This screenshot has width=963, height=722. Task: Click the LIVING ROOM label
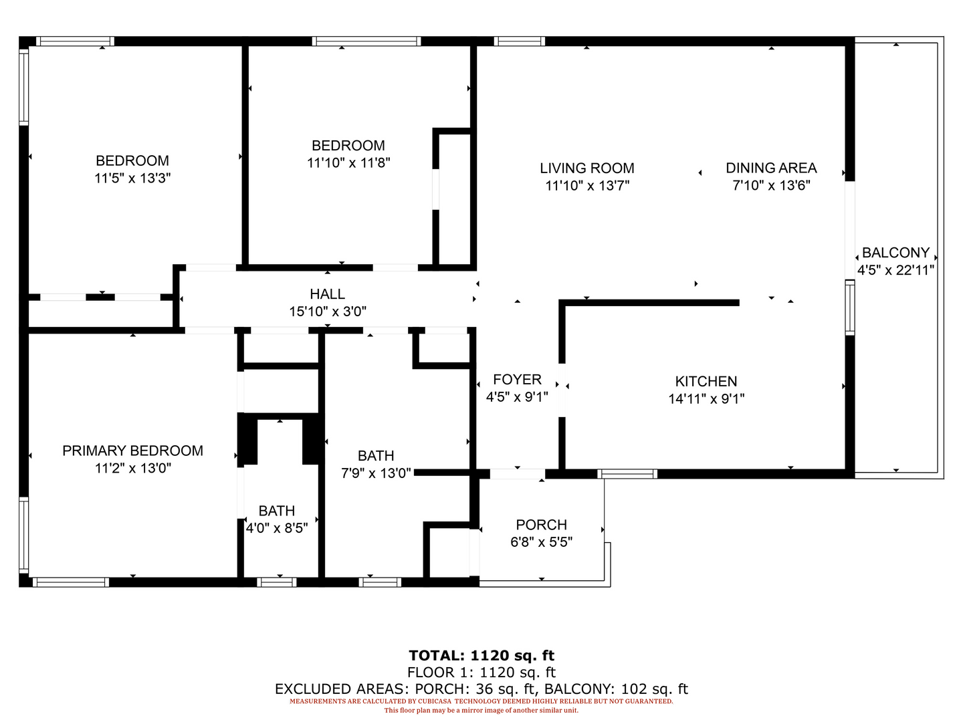587,168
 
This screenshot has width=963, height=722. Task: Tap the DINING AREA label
771,168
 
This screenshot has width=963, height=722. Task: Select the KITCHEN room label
706,381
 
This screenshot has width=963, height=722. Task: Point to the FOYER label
517,379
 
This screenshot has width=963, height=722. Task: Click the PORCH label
542,525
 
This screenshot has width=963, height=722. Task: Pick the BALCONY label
895,253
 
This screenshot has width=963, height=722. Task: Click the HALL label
327,293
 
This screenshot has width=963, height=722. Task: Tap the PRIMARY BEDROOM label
132,451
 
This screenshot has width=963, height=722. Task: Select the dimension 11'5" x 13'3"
132,178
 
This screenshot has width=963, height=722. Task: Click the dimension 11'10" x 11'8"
348,163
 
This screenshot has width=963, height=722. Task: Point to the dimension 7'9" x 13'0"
376,473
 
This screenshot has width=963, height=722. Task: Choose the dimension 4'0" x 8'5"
276,528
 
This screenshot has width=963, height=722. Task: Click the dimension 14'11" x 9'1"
706,399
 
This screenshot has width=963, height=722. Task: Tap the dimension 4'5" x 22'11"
895,270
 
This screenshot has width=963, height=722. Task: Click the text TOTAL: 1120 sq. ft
481,655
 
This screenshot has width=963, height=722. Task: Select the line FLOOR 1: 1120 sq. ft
481,672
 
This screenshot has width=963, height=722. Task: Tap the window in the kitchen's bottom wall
627,474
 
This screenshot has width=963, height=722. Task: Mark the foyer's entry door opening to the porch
517,474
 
